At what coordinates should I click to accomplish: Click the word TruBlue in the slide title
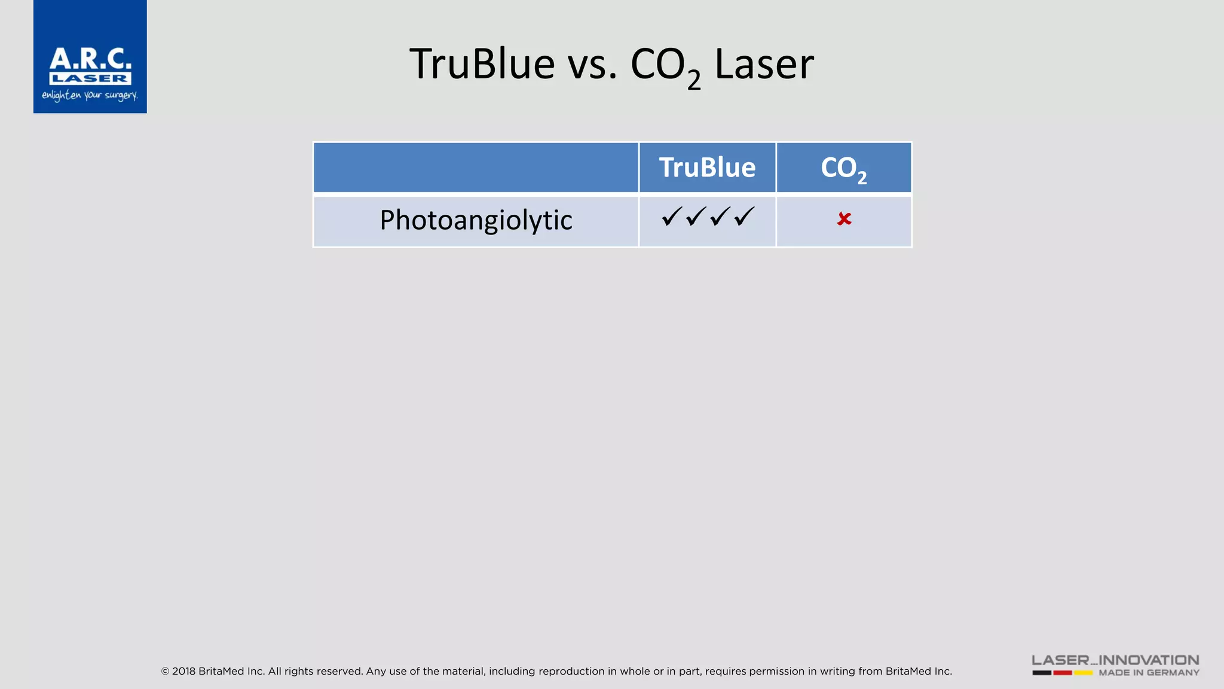[482, 64]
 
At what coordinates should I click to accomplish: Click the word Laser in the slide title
[764, 64]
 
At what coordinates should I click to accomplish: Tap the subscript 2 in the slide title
[694, 80]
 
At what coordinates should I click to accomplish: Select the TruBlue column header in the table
[707, 167]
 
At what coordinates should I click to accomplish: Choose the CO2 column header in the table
[843, 168]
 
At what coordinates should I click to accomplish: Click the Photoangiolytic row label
[476, 220]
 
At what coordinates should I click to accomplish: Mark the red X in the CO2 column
[844, 219]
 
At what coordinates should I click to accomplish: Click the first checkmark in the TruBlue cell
[672, 216]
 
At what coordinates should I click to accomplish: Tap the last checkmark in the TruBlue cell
[744, 216]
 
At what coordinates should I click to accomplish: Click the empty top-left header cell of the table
[476, 167]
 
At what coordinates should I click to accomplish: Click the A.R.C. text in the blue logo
[90, 59]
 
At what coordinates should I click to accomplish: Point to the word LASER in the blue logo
[90, 78]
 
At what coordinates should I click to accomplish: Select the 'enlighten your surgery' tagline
[90, 96]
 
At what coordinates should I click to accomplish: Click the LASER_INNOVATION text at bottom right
[1115, 660]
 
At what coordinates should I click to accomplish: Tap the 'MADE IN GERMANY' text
[1149, 673]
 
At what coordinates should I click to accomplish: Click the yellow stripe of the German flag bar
[1084, 673]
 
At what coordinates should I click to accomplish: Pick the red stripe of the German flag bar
[1063, 673]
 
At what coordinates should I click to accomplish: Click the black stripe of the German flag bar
[1042, 673]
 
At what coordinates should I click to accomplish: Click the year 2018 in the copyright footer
[183, 671]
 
